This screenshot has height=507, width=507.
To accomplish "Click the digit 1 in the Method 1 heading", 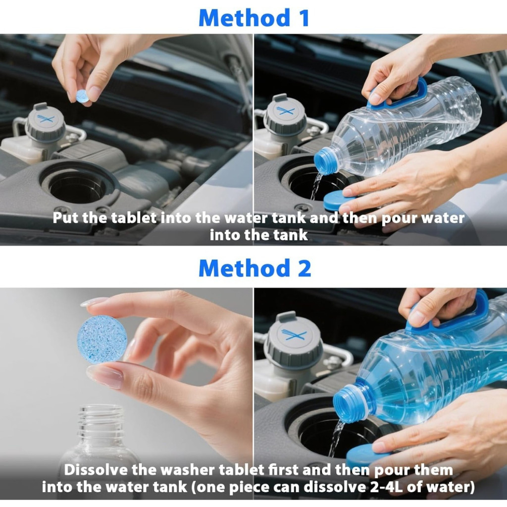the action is point(304,18).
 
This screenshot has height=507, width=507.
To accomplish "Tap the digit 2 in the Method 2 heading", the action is point(304,268).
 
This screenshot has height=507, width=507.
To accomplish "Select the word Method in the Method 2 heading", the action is point(244,268).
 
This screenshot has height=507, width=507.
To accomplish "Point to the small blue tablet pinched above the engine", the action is point(83,97).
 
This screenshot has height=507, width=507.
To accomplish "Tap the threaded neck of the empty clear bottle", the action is point(101,419).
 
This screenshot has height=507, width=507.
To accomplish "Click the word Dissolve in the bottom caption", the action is point(96,470).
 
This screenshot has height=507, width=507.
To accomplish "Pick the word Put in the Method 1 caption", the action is point(66,218).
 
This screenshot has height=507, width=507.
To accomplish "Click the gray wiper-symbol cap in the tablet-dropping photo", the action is point(45,122).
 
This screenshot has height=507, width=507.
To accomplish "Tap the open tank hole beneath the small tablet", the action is point(78,186).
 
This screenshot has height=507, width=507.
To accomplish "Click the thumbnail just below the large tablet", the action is point(104,375).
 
